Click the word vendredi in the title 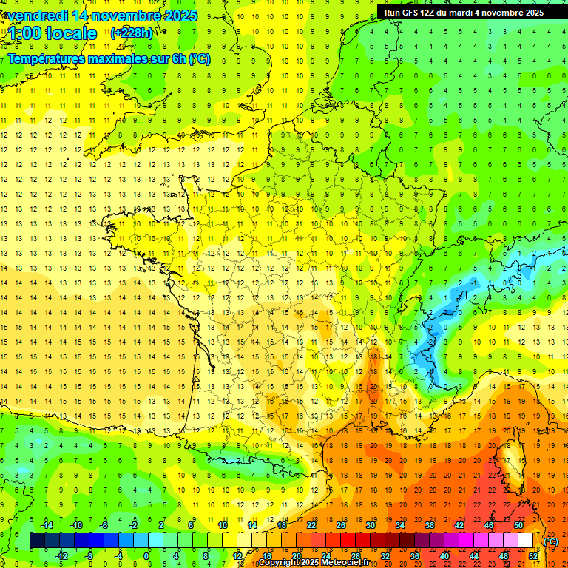[38, 16]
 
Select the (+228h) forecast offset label [132, 33]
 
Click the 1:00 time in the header [25, 33]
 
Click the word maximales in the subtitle [120, 58]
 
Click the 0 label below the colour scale [146, 555]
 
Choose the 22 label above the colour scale [311, 525]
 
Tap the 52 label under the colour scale [533, 555]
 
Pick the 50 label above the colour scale [518, 525]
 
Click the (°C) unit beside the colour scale [551, 541]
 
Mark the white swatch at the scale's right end [525, 541]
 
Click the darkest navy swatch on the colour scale [37, 541]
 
